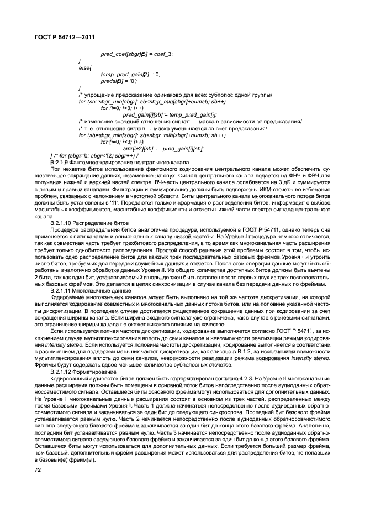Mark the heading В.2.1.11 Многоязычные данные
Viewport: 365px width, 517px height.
pos(91,290)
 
